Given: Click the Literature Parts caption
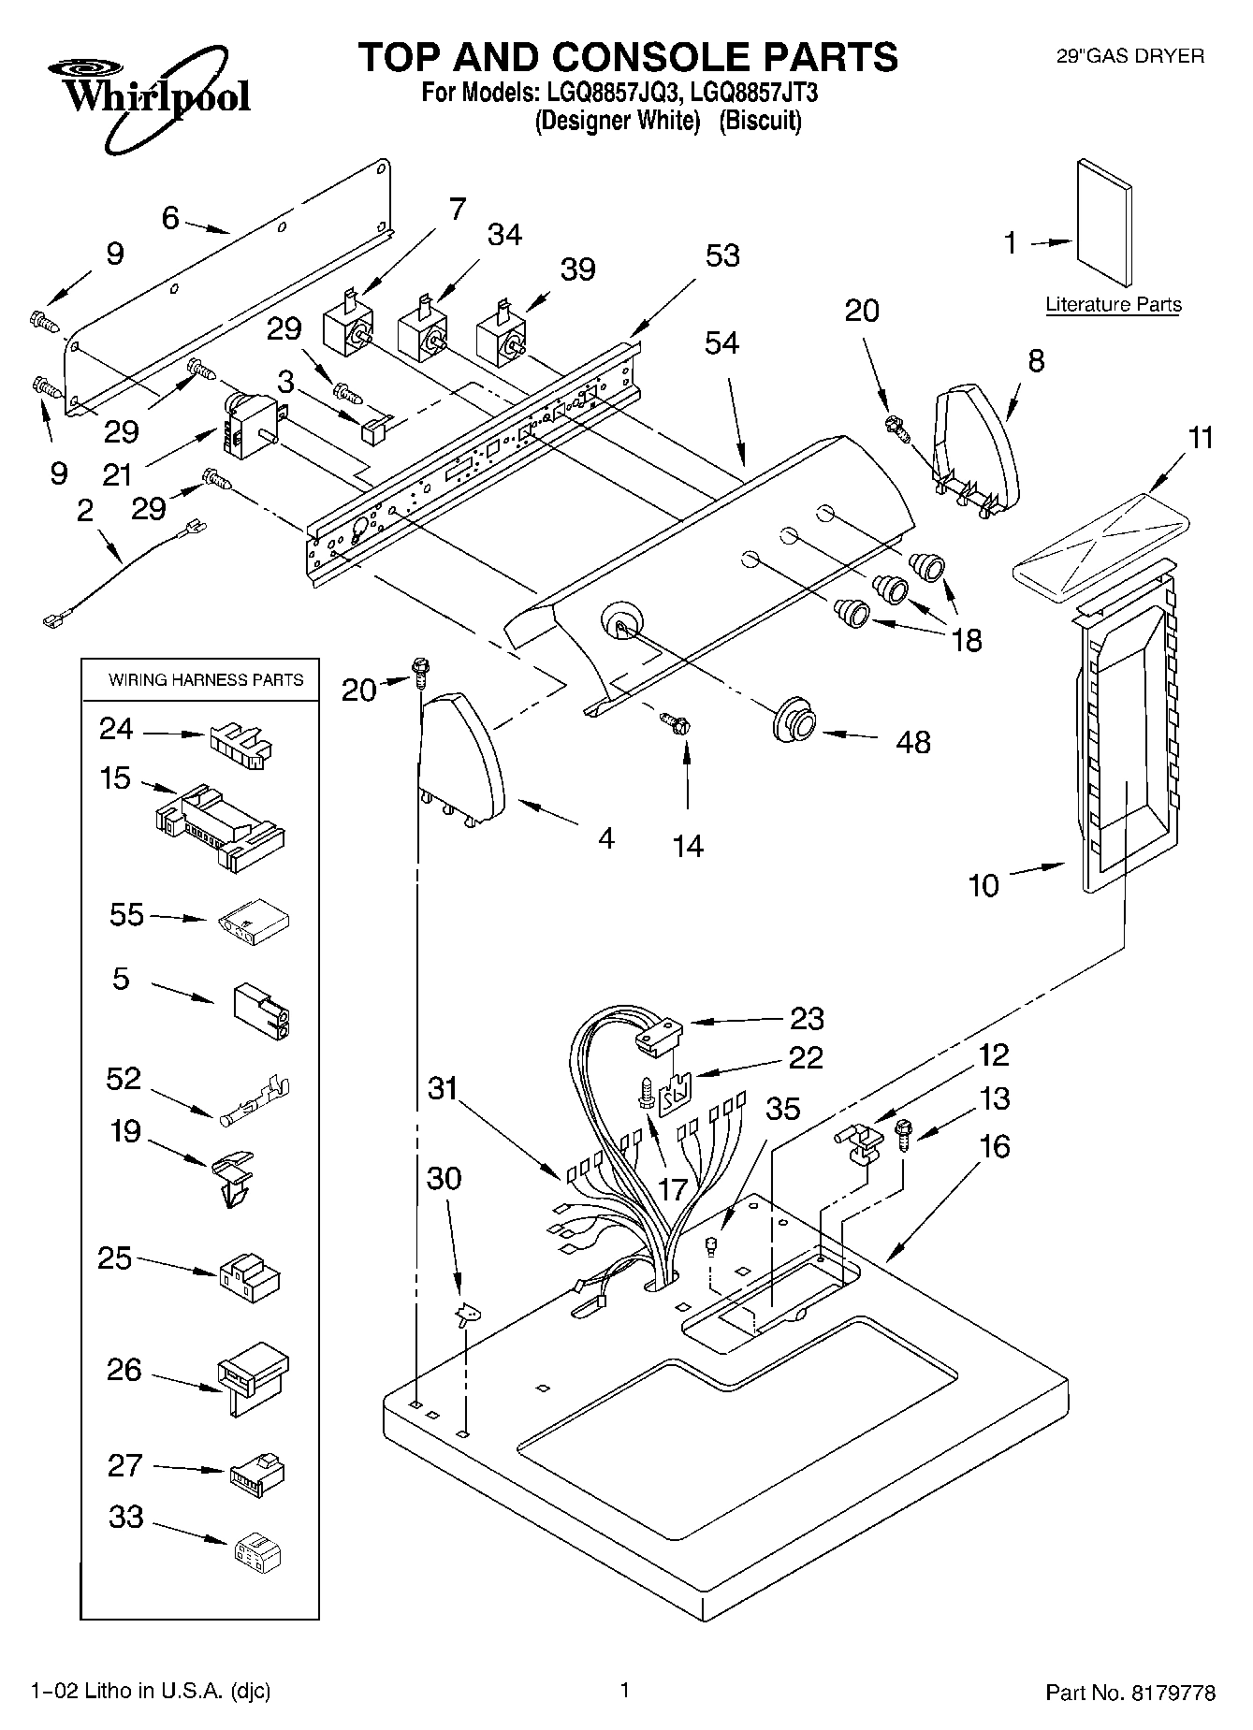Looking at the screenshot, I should point(1113,304).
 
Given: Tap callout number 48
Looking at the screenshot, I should point(912,742).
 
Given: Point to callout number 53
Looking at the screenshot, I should point(721,255).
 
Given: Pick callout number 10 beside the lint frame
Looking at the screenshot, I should point(983,885).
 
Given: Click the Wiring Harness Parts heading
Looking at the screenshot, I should point(206,679).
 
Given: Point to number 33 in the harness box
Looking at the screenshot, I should point(125,1516).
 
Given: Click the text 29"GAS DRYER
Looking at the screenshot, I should point(1129,56).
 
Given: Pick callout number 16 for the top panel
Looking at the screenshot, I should point(995,1146).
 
